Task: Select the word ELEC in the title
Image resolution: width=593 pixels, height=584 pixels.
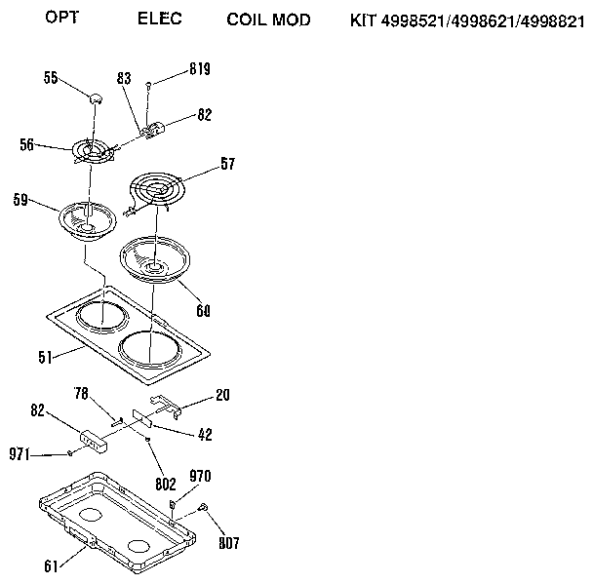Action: tap(160, 19)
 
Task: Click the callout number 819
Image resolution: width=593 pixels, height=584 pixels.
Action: tap(199, 69)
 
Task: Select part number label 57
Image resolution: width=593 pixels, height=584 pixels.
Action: tap(226, 165)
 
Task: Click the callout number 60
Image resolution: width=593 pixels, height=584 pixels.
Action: tap(202, 311)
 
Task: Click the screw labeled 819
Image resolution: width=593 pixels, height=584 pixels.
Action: tap(147, 86)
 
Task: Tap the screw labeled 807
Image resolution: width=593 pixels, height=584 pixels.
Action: tap(203, 505)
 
